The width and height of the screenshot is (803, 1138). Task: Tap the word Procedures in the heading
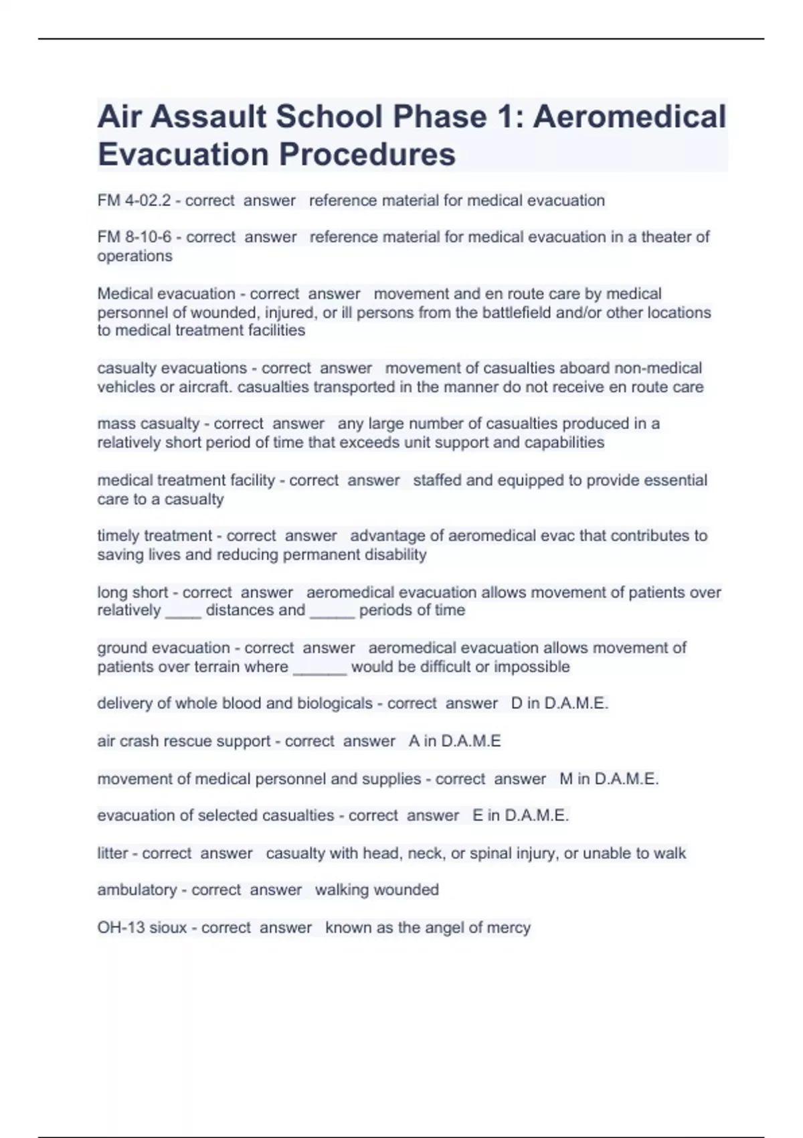(367, 155)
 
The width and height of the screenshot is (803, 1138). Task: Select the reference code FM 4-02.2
(134, 200)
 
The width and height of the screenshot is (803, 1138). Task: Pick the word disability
(395, 555)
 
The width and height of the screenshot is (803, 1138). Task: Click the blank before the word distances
(183, 611)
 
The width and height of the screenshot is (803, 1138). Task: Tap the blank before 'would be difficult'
(320, 667)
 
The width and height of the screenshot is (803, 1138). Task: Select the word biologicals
(335, 704)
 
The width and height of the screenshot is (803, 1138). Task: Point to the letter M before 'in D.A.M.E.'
(566, 779)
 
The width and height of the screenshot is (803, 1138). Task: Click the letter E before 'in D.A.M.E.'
(478, 815)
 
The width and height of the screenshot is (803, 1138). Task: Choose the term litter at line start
(112, 853)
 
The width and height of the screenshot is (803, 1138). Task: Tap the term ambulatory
(137, 890)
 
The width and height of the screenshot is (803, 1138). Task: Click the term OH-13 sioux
(142, 928)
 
